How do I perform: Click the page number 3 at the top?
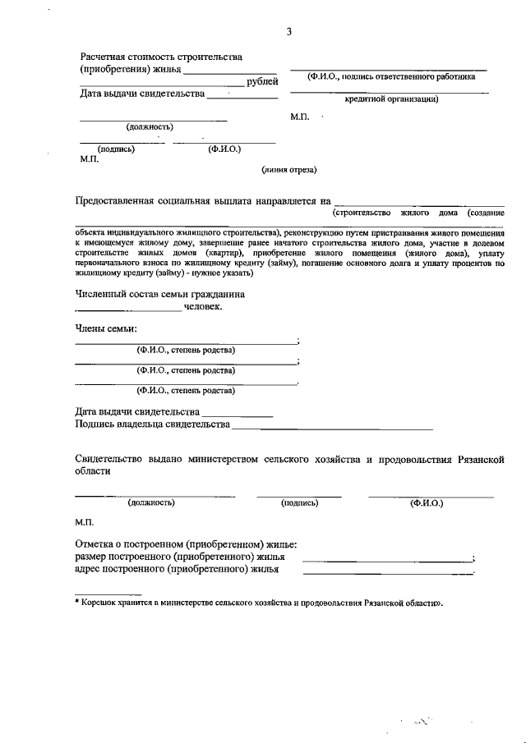point(288,31)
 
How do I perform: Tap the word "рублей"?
point(262,81)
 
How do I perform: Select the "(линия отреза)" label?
point(288,170)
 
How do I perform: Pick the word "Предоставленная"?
point(117,200)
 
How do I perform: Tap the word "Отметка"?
point(94,543)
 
